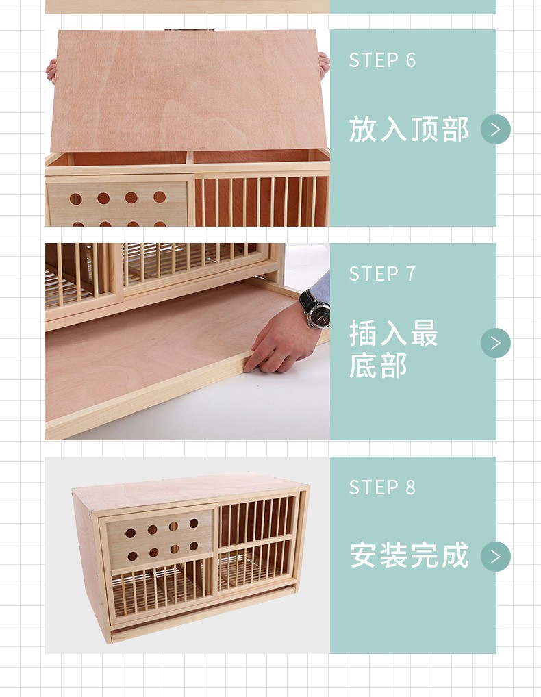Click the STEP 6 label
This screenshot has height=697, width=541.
click(x=382, y=60)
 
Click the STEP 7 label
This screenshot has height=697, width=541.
click(x=382, y=274)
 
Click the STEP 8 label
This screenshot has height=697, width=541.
click(x=382, y=487)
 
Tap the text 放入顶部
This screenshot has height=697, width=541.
click(x=409, y=129)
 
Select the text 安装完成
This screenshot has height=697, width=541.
click(x=409, y=555)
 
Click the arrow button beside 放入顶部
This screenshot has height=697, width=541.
click(x=496, y=129)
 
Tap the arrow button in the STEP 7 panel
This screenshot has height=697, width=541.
click(x=496, y=343)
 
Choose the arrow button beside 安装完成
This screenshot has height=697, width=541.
click(x=496, y=557)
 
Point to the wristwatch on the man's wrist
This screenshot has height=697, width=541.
click(x=316, y=312)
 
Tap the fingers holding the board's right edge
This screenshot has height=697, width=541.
click(x=324, y=64)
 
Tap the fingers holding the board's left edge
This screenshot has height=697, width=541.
click(x=51, y=70)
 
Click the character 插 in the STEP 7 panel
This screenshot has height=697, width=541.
click(x=364, y=334)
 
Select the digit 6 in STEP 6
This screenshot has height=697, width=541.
click(x=411, y=60)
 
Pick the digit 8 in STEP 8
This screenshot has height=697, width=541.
click(x=411, y=487)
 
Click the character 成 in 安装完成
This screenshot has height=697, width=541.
click(x=455, y=555)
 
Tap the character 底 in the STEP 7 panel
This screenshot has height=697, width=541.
click(x=364, y=366)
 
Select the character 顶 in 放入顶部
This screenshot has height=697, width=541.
click(x=425, y=129)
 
